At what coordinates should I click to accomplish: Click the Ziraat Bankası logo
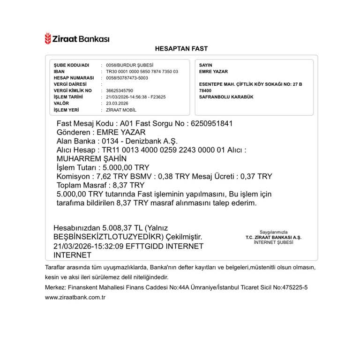[77, 38]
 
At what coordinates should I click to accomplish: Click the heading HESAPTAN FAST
[181, 49]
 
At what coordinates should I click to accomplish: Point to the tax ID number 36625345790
[120, 90]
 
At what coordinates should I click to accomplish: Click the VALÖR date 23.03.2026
[117, 103]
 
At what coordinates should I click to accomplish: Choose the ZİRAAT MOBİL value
[121, 110]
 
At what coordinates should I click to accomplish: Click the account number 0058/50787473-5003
[127, 78]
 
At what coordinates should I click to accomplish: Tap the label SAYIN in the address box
[206, 65]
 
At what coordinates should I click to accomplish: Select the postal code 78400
[205, 90]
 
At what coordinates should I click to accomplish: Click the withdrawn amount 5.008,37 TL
[124, 228]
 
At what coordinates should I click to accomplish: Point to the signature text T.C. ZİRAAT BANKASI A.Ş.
[274, 237]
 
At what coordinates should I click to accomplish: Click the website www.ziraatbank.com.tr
[75, 297]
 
